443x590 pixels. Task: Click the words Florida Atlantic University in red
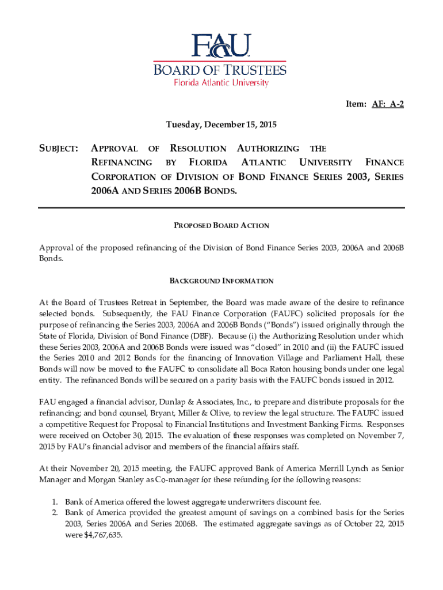(x=221, y=83)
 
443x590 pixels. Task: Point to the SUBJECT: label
(x=59, y=149)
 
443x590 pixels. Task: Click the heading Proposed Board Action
(x=221, y=225)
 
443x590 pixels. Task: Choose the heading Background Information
(x=221, y=281)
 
